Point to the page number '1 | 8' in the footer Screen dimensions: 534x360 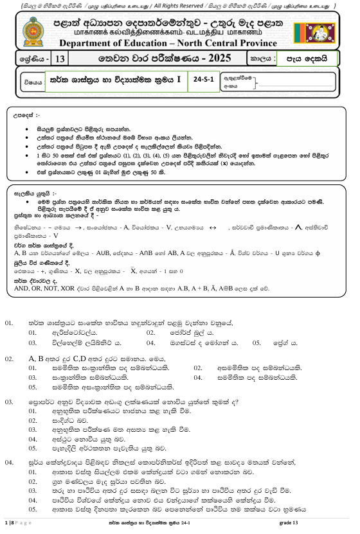(x=9, y=526)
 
